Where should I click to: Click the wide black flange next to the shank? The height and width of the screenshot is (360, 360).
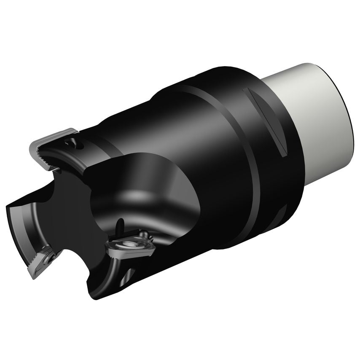coord(270,169)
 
